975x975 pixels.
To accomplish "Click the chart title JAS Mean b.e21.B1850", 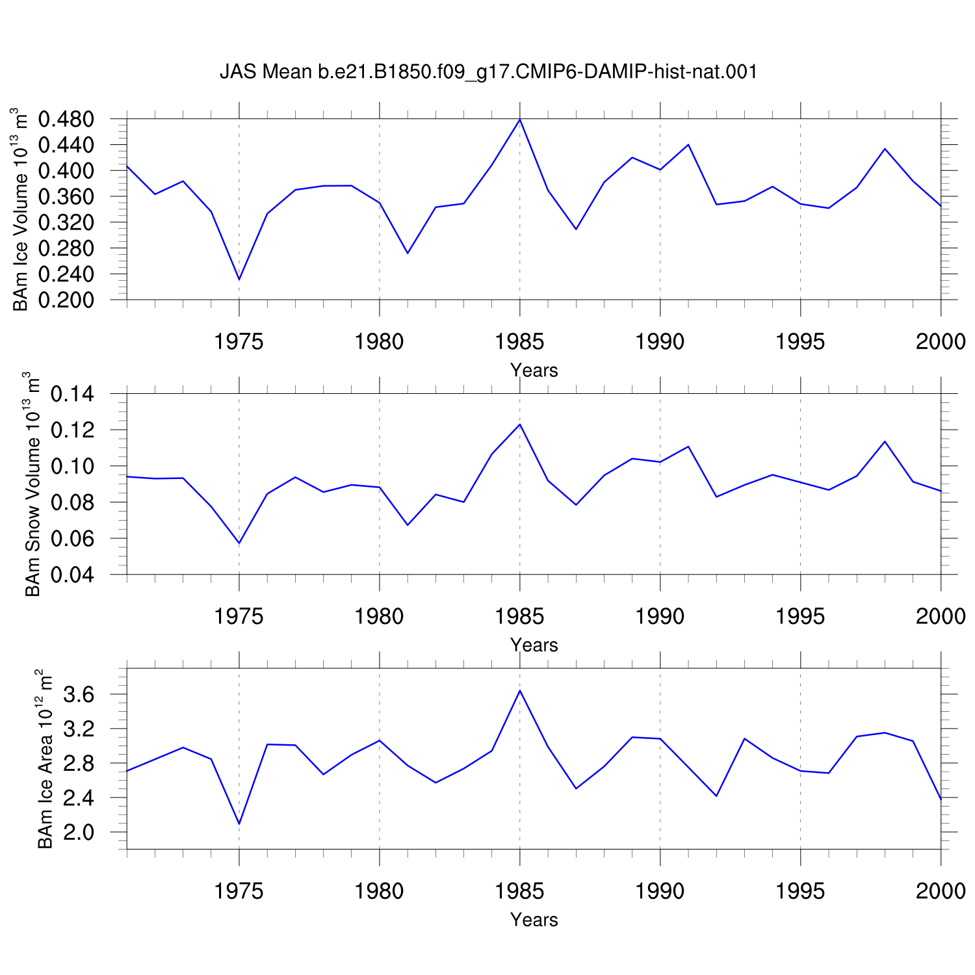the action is tap(488, 71).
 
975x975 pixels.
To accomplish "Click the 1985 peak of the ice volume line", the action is tap(520, 120).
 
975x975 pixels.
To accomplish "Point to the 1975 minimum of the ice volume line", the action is tap(239, 279).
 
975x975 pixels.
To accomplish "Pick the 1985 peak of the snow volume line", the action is tap(520, 424).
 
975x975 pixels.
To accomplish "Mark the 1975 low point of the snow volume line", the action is tap(239, 543).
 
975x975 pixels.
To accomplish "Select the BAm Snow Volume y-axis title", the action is tap(31, 484).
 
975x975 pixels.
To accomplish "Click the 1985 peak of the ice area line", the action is tap(520, 690).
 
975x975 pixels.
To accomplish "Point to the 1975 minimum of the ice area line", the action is tap(239, 824).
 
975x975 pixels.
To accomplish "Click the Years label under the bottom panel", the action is tap(534, 920).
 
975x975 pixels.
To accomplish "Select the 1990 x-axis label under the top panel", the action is tap(660, 341).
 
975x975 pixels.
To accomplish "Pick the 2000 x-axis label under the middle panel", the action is tap(941, 616).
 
